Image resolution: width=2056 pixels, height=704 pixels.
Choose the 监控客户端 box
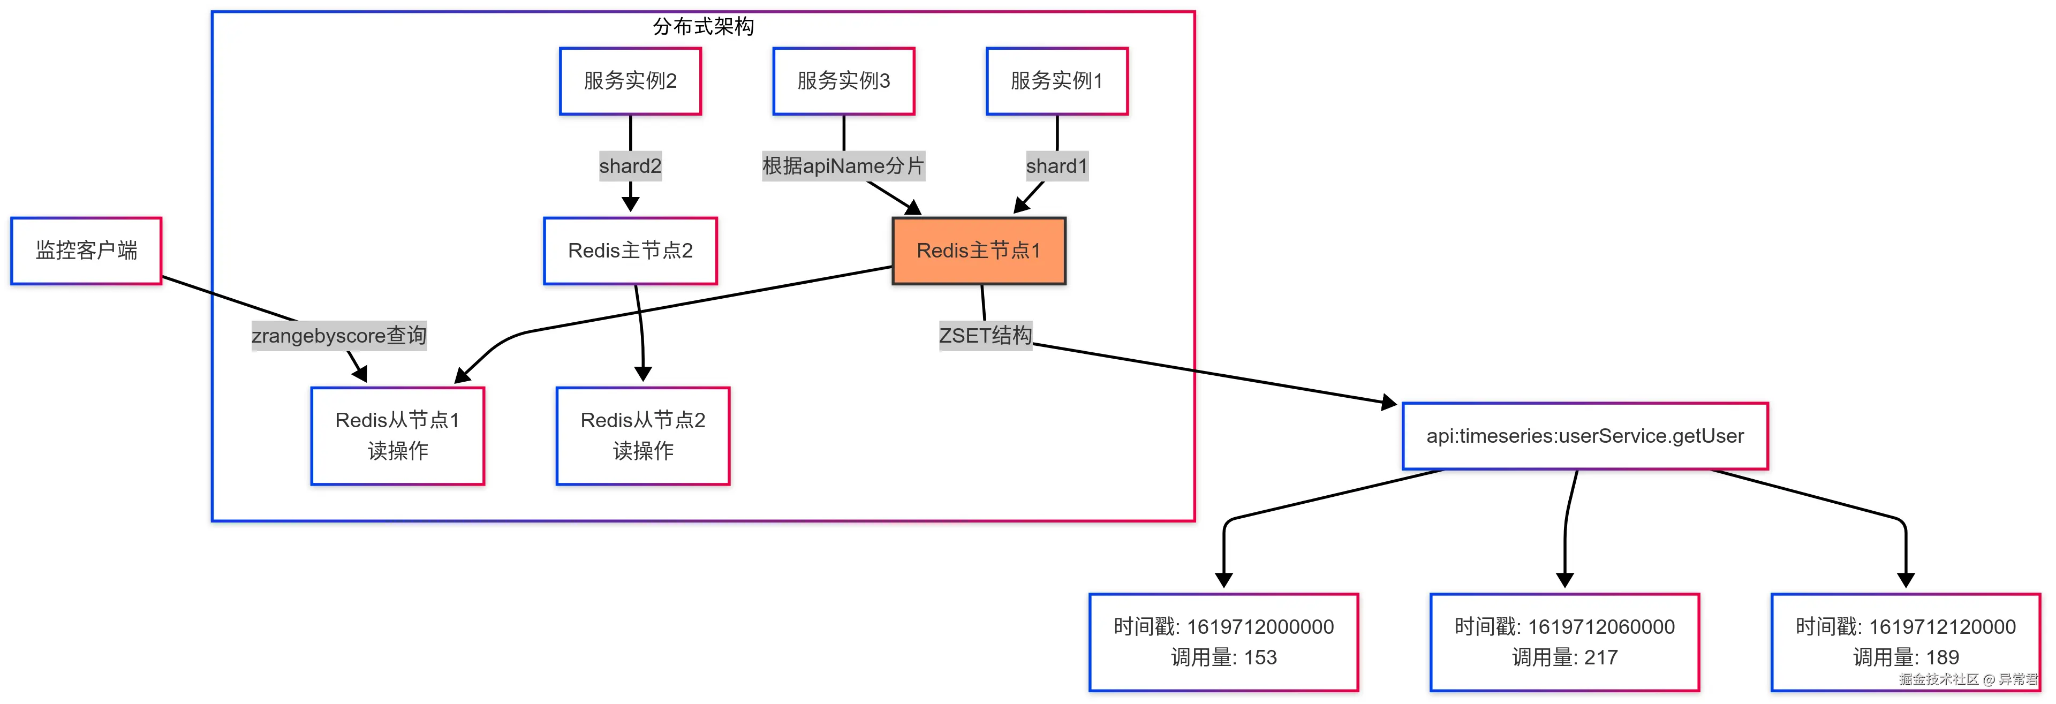point(86,251)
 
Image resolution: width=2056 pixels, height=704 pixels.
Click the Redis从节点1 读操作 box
point(397,436)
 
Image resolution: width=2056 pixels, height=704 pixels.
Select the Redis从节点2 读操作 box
point(642,436)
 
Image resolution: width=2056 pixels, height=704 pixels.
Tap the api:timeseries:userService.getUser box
point(1584,436)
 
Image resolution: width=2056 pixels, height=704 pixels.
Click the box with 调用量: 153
point(1223,642)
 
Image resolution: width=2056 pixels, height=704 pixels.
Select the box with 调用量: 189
point(1904,642)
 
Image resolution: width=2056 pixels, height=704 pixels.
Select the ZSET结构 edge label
point(985,335)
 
